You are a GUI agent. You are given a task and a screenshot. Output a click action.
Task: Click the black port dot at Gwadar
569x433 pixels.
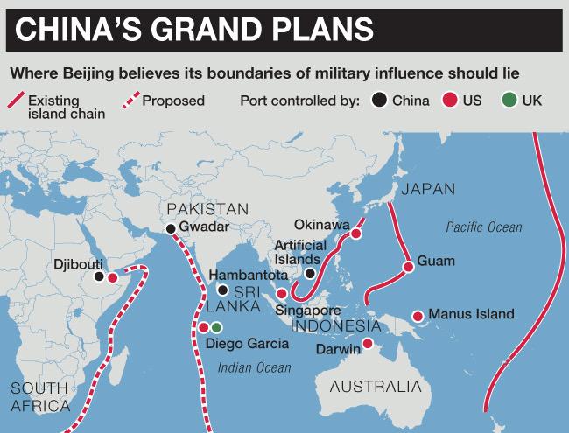pos(170,229)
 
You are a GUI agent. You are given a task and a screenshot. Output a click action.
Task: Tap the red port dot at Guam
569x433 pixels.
pos(408,267)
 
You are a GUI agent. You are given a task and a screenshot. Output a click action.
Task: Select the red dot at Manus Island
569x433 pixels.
pos(418,316)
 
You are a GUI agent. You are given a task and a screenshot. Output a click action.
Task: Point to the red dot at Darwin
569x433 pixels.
pos(368,343)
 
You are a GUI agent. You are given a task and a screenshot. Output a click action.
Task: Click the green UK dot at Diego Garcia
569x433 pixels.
pos(216,327)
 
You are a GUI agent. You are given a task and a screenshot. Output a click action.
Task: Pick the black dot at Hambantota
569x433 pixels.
pos(223,290)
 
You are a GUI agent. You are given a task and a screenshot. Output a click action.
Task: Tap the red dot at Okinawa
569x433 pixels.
pos(356,234)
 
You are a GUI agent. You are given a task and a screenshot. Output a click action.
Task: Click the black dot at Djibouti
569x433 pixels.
pos(100,277)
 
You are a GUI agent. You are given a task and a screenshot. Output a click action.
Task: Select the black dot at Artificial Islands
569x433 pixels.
pos(310,273)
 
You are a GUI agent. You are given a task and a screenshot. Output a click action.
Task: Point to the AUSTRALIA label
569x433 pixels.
pos(373,386)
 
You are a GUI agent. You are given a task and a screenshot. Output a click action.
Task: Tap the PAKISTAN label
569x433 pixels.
pos(207,209)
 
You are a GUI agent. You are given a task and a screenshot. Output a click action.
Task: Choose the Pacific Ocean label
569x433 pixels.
pos(483,227)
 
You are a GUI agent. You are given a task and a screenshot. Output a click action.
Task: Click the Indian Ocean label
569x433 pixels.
pos(254,367)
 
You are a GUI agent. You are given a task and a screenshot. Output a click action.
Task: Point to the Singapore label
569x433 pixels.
pos(307,311)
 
